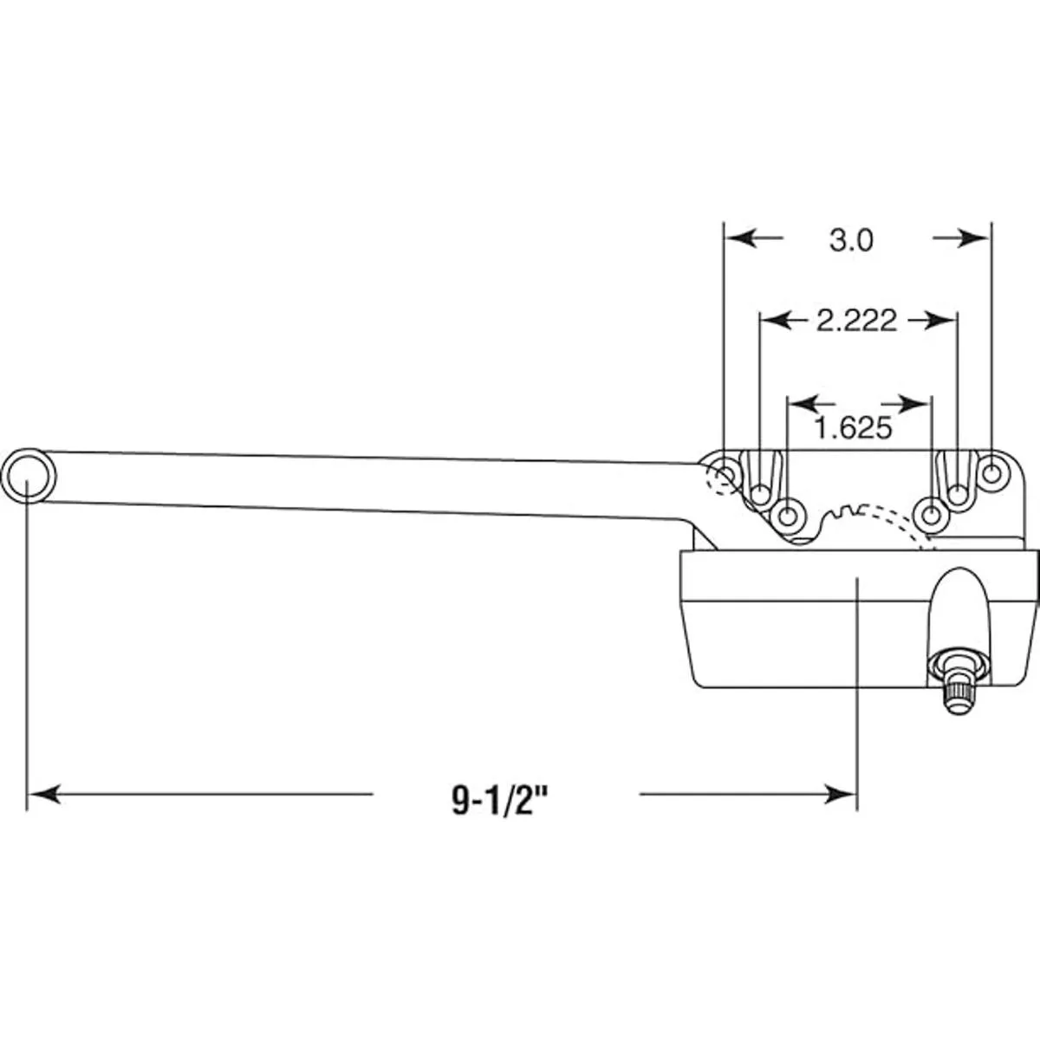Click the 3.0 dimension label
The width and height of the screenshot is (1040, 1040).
click(x=851, y=241)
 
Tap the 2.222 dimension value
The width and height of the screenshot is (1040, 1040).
click(x=856, y=321)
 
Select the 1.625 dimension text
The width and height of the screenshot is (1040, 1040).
click(x=853, y=428)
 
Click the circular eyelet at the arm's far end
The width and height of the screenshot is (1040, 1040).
click(x=29, y=476)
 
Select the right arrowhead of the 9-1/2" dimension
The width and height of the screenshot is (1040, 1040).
click(x=841, y=795)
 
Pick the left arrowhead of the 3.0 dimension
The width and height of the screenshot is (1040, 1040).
click(x=741, y=237)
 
